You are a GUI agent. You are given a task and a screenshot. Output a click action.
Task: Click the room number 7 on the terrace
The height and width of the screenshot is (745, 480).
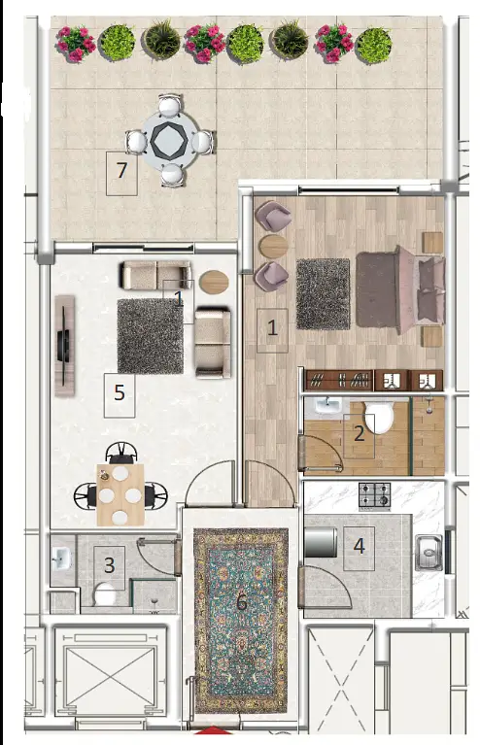[x=122, y=170]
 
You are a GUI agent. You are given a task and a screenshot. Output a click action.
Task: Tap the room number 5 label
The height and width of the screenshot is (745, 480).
[x=120, y=392]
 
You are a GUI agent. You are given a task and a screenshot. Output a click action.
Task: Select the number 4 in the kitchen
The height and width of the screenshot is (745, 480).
[x=360, y=546]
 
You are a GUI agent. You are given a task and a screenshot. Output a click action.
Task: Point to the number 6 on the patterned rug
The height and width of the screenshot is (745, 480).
[x=241, y=602]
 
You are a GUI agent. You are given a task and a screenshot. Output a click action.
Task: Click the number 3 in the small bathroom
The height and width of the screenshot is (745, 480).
[x=109, y=565]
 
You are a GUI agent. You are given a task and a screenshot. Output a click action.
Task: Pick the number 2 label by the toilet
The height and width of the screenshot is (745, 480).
[x=360, y=433]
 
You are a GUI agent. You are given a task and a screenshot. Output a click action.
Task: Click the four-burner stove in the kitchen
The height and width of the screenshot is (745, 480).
[x=374, y=496]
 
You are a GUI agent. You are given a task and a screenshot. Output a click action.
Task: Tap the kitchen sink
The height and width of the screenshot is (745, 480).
[x=429, y=553]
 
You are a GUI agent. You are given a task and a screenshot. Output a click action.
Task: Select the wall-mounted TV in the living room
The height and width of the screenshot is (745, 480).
[x=64, y=346]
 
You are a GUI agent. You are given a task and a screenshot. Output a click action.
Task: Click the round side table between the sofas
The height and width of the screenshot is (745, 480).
[x=214, y=282]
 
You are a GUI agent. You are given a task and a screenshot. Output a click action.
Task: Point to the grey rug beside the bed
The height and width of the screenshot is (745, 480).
[x=324, y=294]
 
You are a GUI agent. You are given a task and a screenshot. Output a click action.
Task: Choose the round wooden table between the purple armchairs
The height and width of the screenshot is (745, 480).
[x=273, y=246]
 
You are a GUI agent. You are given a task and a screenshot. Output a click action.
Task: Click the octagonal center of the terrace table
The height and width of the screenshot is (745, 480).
[x=167, y=140]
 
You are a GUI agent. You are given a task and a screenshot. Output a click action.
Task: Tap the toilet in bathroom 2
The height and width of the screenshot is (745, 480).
[x=379, y=417]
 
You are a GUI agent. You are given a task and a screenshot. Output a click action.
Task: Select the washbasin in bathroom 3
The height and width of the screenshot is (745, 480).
[x=61, y=559]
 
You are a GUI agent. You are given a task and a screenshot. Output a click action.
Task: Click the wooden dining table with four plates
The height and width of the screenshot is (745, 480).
[x=120, y=494]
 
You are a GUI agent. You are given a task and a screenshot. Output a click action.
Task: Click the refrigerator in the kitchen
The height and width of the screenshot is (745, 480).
[x=321, y=542]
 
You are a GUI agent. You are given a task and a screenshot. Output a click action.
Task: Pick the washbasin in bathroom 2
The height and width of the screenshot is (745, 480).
[x=327, y=407]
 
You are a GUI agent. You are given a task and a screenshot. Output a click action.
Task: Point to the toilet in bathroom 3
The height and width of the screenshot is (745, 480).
[x=105, y=594]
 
